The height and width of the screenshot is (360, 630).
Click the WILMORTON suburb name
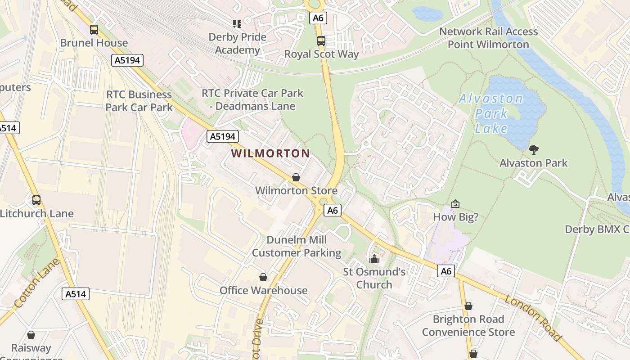click(270, 153)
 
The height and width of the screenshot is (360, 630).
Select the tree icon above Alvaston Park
click(534, 149)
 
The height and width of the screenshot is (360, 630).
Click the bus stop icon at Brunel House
click(94, 30)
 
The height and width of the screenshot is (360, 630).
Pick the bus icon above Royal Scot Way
click(321, 41)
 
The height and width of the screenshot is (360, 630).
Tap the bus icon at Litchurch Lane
click(36, 200)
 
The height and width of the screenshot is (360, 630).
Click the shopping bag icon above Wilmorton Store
click(296, 177)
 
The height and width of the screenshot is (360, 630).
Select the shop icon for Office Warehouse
click(263, 277)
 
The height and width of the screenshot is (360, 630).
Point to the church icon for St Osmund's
click(374, 259)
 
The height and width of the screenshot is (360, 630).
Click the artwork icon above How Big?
click(455, 204)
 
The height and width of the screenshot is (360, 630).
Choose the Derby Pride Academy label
click(238, 43)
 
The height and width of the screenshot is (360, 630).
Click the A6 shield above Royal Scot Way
click(318, 18)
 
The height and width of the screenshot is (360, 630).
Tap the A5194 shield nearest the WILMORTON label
click(222, 136)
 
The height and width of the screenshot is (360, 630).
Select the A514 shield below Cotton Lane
click(75, 294)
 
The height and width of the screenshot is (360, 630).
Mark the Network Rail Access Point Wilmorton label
click(488, 38)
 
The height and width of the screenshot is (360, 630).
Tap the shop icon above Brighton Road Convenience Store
click(468, 306)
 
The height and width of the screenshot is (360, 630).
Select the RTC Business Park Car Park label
click(139, 101)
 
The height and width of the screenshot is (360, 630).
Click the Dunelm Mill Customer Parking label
click(297, 246)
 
